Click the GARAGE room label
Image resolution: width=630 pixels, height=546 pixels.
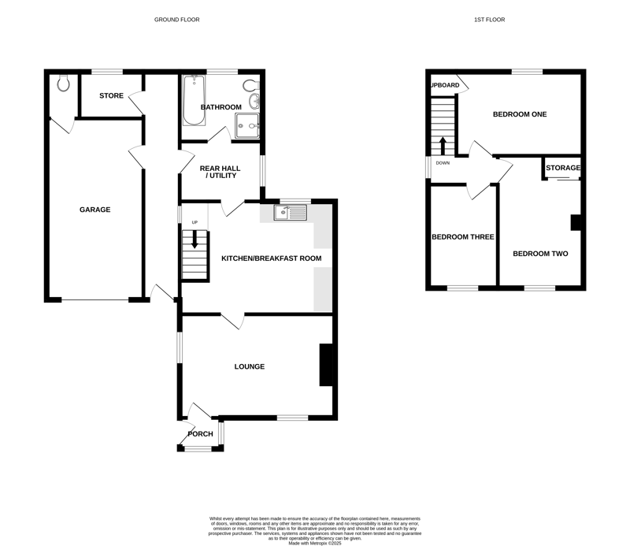tap(94, 210)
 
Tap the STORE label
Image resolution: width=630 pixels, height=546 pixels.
tap(111, 95)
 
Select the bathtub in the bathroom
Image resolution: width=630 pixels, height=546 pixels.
tap(194, 100)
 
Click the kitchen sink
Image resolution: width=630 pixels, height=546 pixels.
tap(290, 212)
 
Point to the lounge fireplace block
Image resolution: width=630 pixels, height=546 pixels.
tap(326, 365)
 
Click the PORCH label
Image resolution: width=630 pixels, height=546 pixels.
tap(201, 434)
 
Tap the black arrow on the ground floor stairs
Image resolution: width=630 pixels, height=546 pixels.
tap(195, 240)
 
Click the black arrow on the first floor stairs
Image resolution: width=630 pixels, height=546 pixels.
tap(443, 147)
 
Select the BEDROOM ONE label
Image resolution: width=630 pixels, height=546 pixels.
tap(520, 114)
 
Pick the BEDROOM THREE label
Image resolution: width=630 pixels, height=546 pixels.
tap(463, 237)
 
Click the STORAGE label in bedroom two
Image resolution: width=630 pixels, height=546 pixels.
tap(563, 168)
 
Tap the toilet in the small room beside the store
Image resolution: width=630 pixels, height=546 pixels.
tap(63, 83)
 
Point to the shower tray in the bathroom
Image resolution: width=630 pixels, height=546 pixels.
tap(247, 125)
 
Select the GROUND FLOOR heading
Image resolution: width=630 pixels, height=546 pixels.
tap(176, 19)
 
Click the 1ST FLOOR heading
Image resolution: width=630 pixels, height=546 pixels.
tap(489, 19)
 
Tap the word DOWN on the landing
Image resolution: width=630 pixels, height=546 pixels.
tap(443, 163)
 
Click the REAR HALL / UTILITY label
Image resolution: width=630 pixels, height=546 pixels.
tap(220, 172)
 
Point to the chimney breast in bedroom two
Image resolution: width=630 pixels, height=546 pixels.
tap(576, 223)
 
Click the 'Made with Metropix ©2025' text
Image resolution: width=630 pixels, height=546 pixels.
tap(314, 543)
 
